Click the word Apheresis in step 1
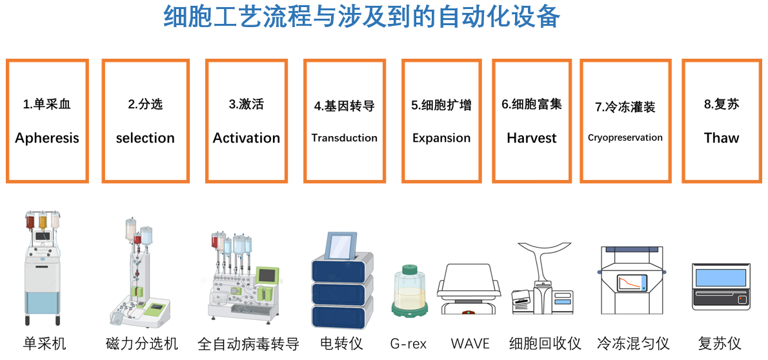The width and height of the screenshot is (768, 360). tap(47, 138)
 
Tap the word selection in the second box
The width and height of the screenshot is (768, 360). tap(145, 138)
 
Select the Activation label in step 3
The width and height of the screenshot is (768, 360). tap(247, 138)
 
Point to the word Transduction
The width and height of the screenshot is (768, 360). tap(345, 137)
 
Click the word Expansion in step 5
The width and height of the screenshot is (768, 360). tap(441, 138)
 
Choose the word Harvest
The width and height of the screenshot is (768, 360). tap(531, 138)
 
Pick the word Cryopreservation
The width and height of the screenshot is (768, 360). tap(625, 137)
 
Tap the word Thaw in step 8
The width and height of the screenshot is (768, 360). tap(721, 138)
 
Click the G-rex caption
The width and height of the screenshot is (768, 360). tap(409, 344)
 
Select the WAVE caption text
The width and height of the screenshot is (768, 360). tap(470, 344)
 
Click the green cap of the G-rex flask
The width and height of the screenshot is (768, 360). tap(409, 270)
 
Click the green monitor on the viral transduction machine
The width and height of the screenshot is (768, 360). tap(268, 275)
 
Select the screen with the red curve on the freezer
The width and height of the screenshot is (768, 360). tap(632, 282)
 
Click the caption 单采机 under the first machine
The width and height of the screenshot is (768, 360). tap(45, 344)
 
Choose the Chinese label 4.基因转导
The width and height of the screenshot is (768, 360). tap(345, 106)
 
